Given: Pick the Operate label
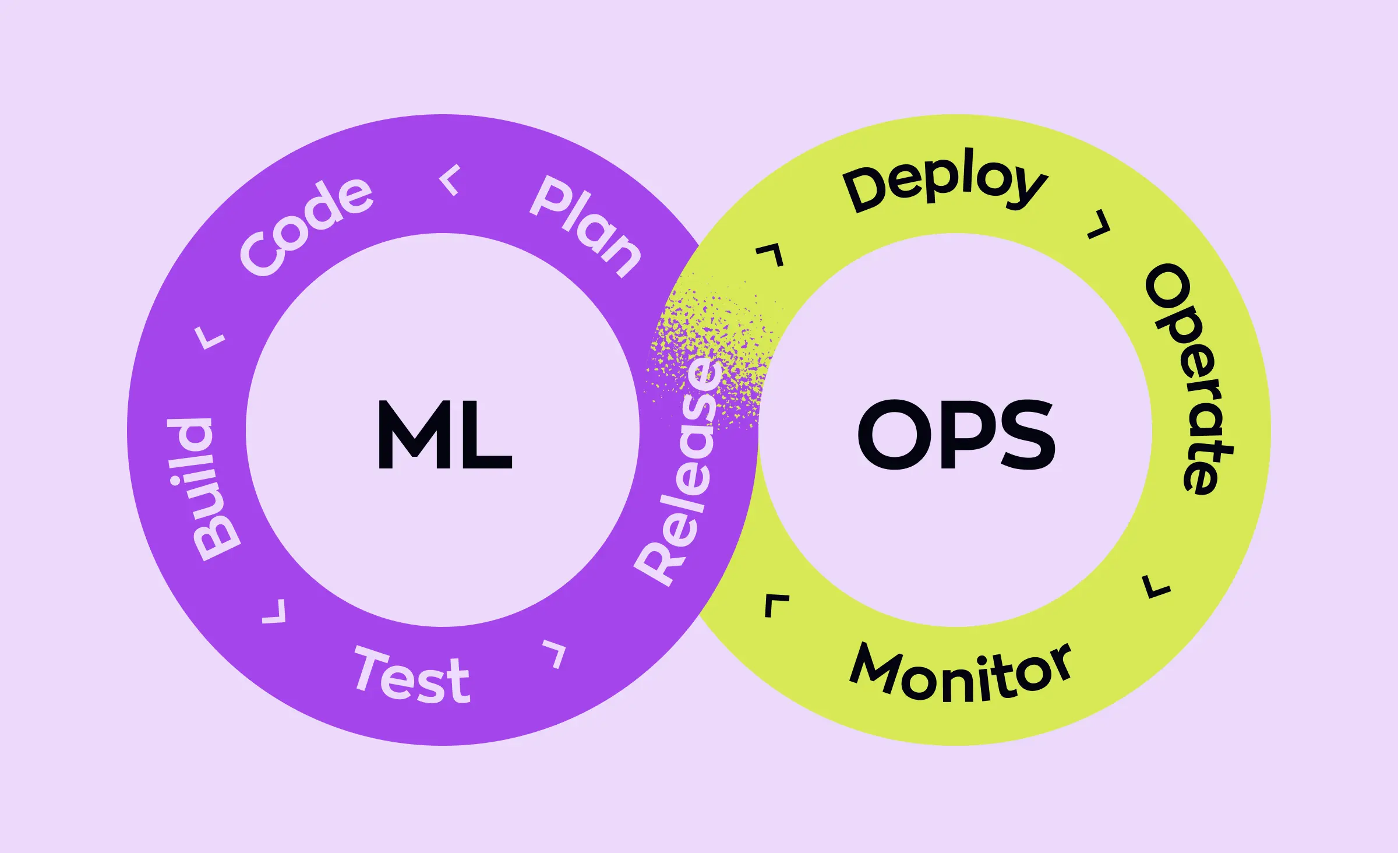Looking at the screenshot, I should (x=1188, y=379).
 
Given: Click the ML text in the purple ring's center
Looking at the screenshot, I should (x=444, y=435).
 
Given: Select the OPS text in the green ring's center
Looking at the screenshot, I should (x=956, y=435).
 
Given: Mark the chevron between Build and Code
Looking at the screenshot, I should (x=209, y=337).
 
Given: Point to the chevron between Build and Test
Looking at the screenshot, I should (x=275, y=612).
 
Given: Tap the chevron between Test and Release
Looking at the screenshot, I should (x=555, y=653).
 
